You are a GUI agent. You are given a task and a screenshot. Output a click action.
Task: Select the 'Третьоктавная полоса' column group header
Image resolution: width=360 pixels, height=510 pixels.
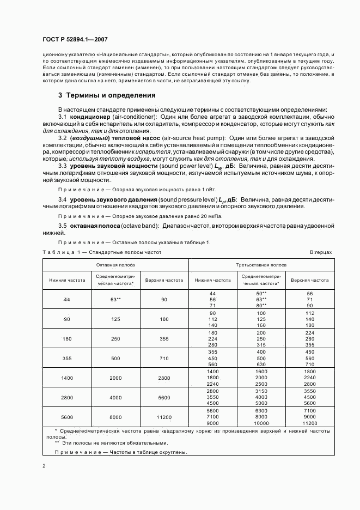pyautogui.click(x=261, y=265)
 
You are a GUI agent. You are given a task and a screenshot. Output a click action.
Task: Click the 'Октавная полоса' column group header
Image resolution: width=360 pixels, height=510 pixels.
pyautogui.click(x=115, y=265)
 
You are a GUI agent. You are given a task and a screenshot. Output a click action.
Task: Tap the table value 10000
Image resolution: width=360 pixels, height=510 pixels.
pyautogui.click(x=261, y=423)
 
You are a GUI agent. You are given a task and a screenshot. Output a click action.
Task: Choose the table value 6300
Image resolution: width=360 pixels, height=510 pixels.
pyautogui.click(x=261, y=411)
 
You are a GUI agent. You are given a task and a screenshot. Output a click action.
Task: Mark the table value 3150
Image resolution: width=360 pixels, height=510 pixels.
pyautogui.click(x=261, y=391)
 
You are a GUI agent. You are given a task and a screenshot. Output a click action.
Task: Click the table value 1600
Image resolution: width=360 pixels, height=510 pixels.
pyautogui.click(x=261, y=371)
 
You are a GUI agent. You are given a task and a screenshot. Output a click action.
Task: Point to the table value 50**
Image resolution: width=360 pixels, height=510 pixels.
pyautogui.click(x=261, y=293)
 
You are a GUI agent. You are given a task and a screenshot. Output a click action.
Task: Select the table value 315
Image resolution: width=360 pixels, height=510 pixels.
pyautogui.click(x=261, y=345)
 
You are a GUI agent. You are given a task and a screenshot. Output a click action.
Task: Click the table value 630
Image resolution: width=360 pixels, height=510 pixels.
pyautogui.click(x=261, y=365)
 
